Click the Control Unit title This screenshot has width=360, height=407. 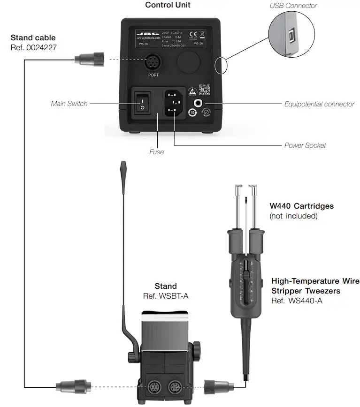coord(168,5)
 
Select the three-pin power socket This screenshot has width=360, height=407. coord(174,102)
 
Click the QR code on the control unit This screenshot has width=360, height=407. coord(204,89)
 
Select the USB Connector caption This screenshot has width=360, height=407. coord(293,6)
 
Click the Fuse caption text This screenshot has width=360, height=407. coord(156,152)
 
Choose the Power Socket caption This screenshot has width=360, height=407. coord(305,145)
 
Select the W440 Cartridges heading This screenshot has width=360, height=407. coord(301,206)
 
